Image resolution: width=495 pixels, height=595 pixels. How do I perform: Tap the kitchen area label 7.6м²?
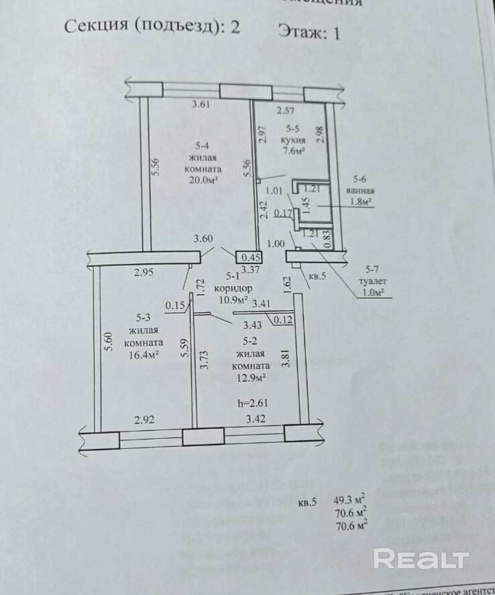294,151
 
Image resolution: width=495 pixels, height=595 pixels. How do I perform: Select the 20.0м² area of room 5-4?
205,180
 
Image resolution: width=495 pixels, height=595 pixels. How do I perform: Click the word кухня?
294,140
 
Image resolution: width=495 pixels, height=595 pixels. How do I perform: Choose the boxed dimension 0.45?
250,257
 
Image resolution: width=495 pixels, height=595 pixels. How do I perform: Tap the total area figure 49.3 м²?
349,499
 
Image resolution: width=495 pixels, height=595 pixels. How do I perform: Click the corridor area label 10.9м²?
233,299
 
